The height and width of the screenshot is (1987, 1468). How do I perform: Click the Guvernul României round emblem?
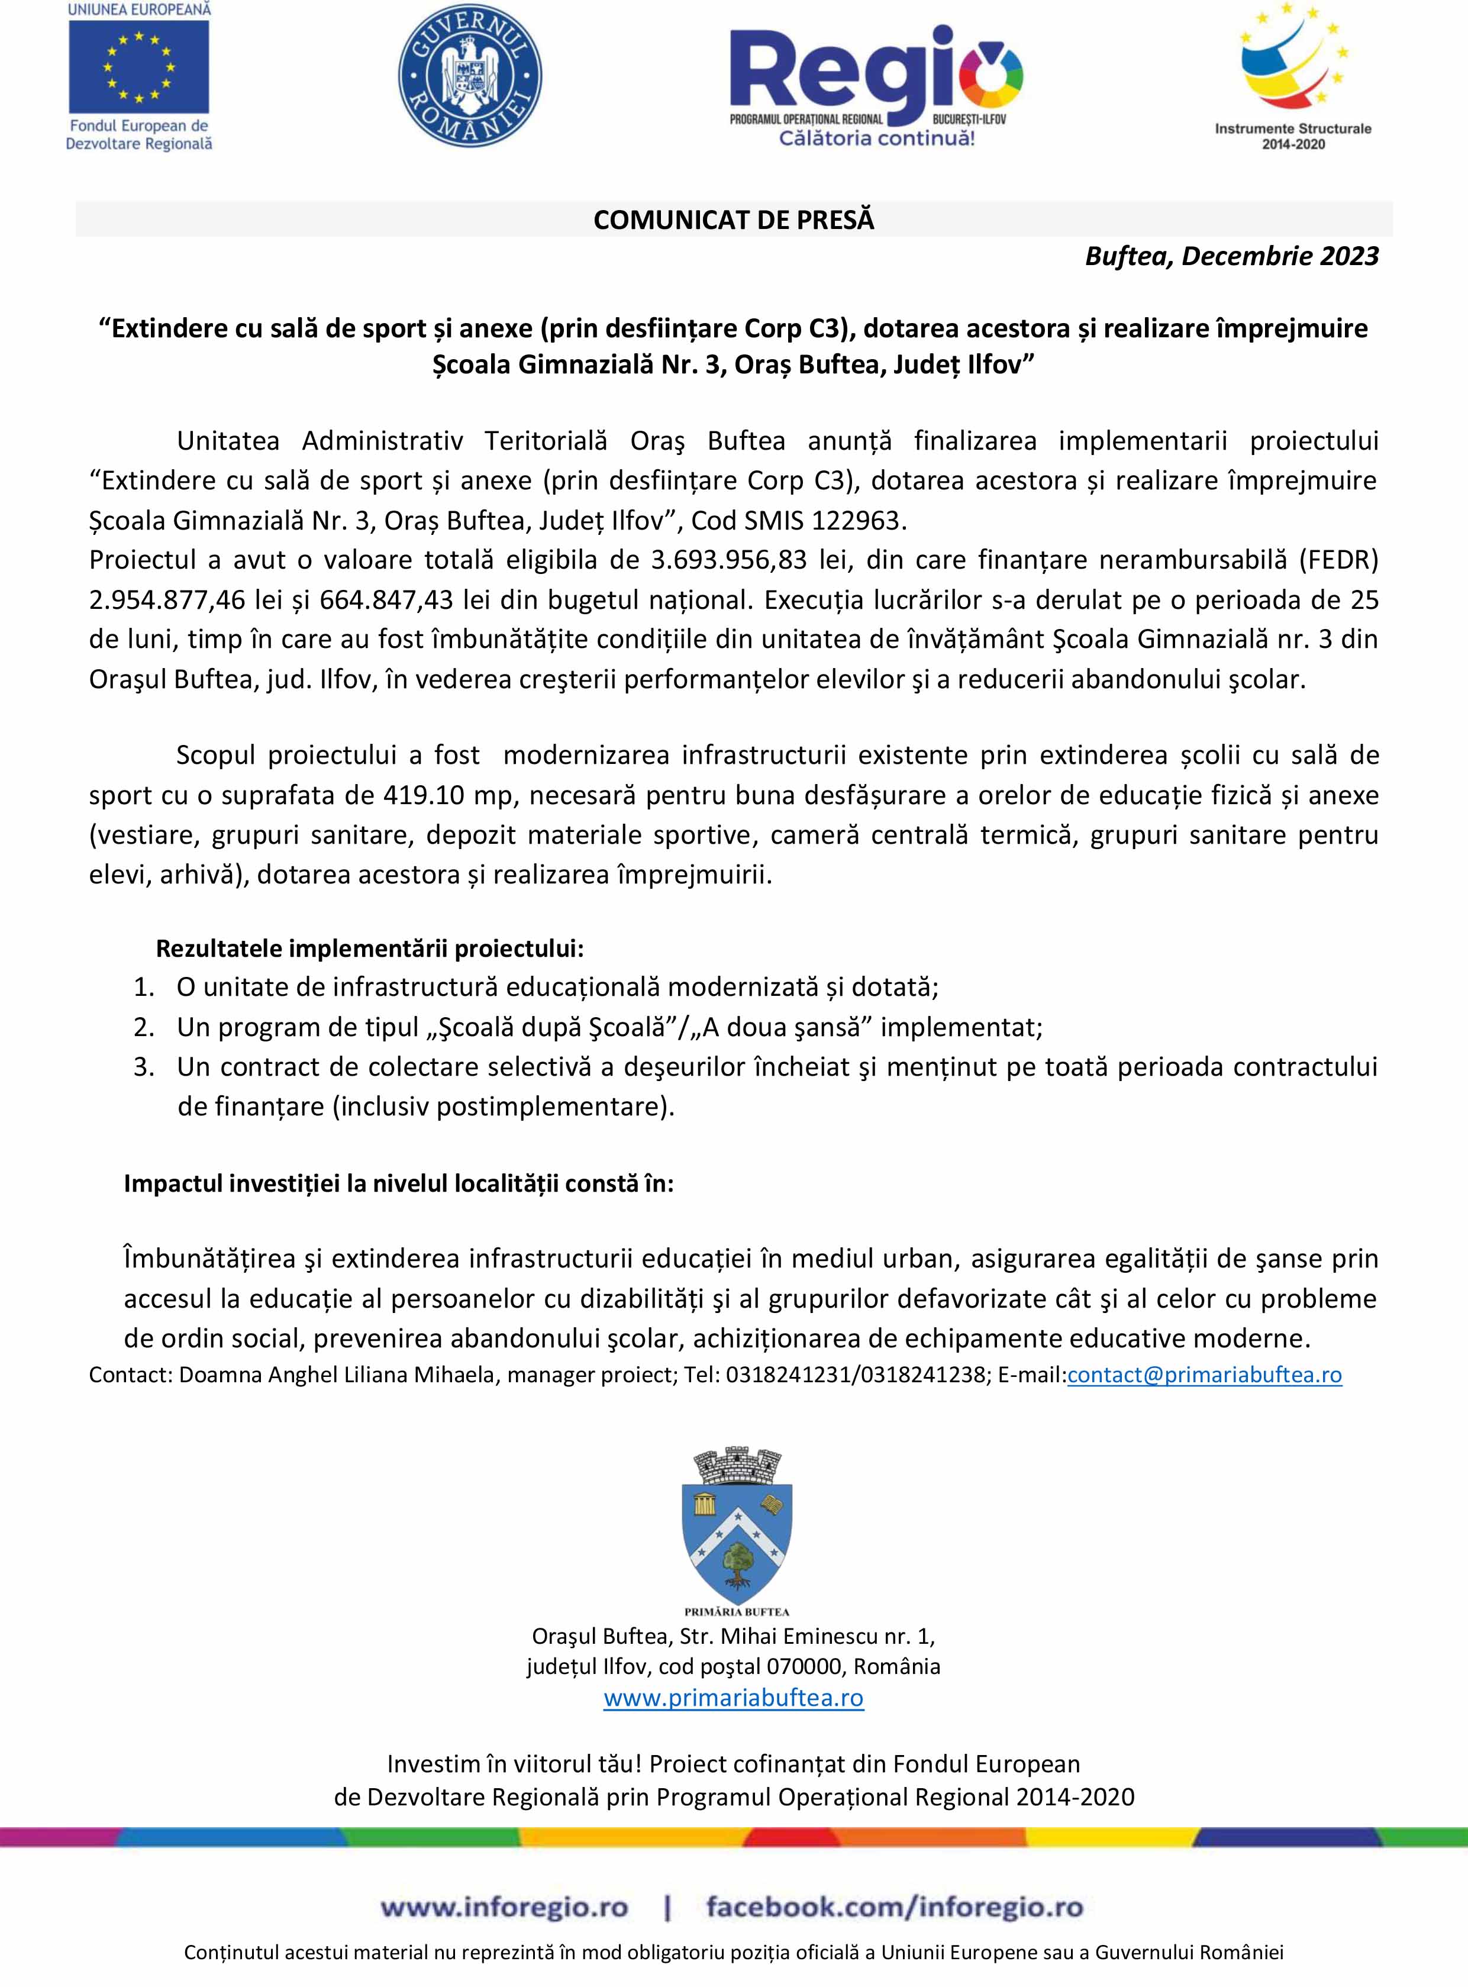470,76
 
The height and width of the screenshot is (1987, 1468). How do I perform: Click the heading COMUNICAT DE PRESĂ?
734,220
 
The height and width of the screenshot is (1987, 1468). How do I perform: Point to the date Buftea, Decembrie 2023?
1232,257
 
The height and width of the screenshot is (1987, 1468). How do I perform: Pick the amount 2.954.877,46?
167,600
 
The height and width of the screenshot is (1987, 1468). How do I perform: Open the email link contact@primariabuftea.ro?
1204,1375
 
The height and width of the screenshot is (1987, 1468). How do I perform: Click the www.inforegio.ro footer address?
504,1907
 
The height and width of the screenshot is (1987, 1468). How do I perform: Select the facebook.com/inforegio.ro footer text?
895,1907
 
